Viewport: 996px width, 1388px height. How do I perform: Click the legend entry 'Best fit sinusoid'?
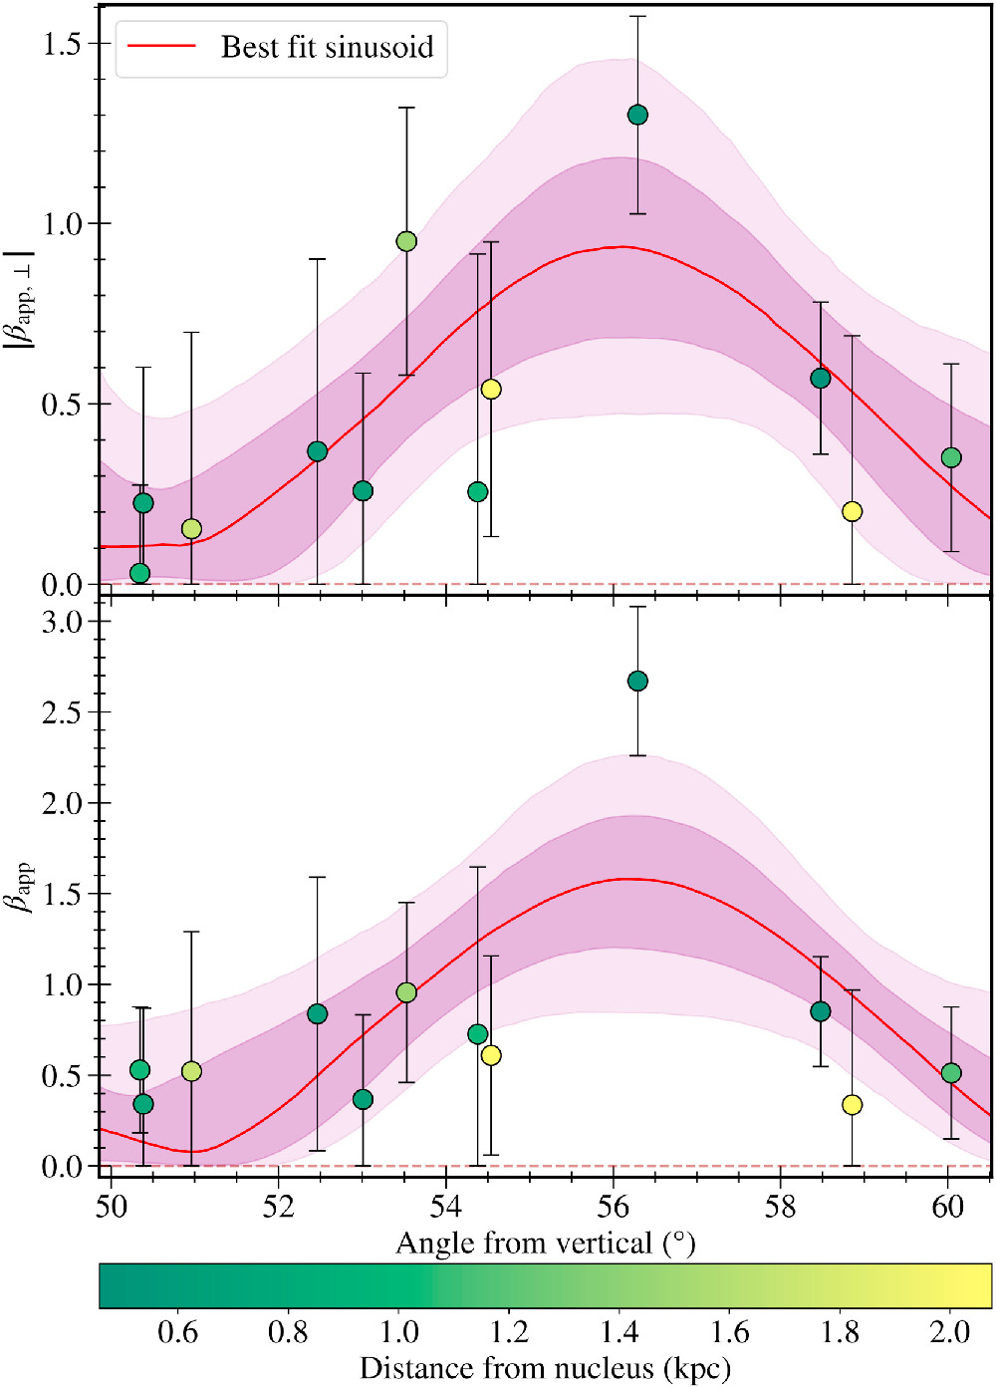click(327, 47)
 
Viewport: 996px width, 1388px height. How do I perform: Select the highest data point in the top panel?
click(637, 115)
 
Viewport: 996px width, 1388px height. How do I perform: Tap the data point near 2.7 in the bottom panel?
click(637, 681)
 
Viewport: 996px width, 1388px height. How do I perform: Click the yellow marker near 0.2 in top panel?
click(852, 511)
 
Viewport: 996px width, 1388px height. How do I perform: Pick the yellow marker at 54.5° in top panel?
click(491, 389)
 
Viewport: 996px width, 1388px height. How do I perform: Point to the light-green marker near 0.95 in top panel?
click(406, 241)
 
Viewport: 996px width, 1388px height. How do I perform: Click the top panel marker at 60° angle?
click(951, 457)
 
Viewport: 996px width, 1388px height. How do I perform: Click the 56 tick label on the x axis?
click(614, 1207)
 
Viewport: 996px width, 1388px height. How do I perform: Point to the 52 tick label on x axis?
click(279, 1207)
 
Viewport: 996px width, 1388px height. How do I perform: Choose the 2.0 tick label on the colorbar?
click(949, 1332)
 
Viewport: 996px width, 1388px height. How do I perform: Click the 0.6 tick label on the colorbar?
click(177, 1332)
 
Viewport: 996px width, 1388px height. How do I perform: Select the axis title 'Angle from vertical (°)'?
click(545, 1244)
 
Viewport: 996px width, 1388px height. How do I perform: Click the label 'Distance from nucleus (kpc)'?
click(545, 1368)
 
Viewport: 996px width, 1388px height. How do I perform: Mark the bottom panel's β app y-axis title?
click(20, 886)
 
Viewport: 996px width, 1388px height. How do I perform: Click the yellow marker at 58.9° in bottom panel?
click(852, 1104)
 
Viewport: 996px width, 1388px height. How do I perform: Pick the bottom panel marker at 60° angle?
click(951, 1072)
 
